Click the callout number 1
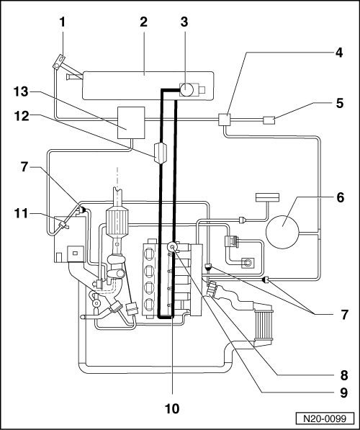pos(63,22)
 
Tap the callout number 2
pos(143,22)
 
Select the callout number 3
pos(184,22)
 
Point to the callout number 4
pos(339,52)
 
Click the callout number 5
pos(340,103)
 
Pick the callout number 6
pos(341,197)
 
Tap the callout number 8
pos(344,375)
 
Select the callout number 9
pos(344,393)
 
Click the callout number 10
pos(172,408)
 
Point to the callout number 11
pos(21,213)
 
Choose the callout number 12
pos(22,116)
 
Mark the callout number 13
pos(21,91)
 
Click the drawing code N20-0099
pos(325,418)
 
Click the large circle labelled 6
pos(282,232)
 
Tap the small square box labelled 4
pos(225,120)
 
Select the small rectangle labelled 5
pos(269,120)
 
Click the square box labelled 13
pos(131,122)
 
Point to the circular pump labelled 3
pos(186,89)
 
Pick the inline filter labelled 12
pos(161,153)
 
